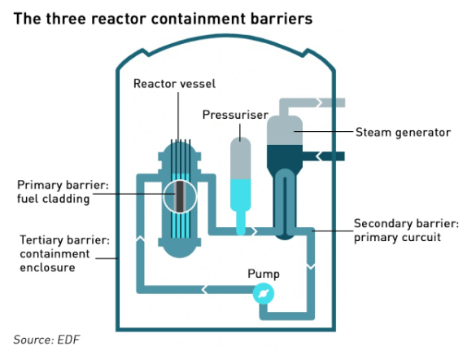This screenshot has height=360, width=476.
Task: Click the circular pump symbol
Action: pos(264,293)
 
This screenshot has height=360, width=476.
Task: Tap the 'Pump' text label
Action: pos(264,274)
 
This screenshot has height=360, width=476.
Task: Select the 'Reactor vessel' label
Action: pos(175,84)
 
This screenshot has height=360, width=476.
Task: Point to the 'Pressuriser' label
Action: pos(235,115)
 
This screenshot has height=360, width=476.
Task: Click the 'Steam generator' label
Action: pos(403,133)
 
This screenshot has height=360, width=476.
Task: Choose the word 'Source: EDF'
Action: pos(46,340)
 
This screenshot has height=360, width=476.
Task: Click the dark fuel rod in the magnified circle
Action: pos(180,196)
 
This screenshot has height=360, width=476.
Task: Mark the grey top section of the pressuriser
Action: pos(240,158)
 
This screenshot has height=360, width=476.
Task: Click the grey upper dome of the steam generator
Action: pos(285,130)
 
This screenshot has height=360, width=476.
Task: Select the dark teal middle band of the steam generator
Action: pos(285,156)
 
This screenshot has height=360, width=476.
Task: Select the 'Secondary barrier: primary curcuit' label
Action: pos(406,230)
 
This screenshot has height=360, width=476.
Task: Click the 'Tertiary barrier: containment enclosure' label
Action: pos(64,253)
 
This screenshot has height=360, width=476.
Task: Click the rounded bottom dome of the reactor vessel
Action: pos(180,248)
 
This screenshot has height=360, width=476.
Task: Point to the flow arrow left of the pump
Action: pos(204,289)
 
